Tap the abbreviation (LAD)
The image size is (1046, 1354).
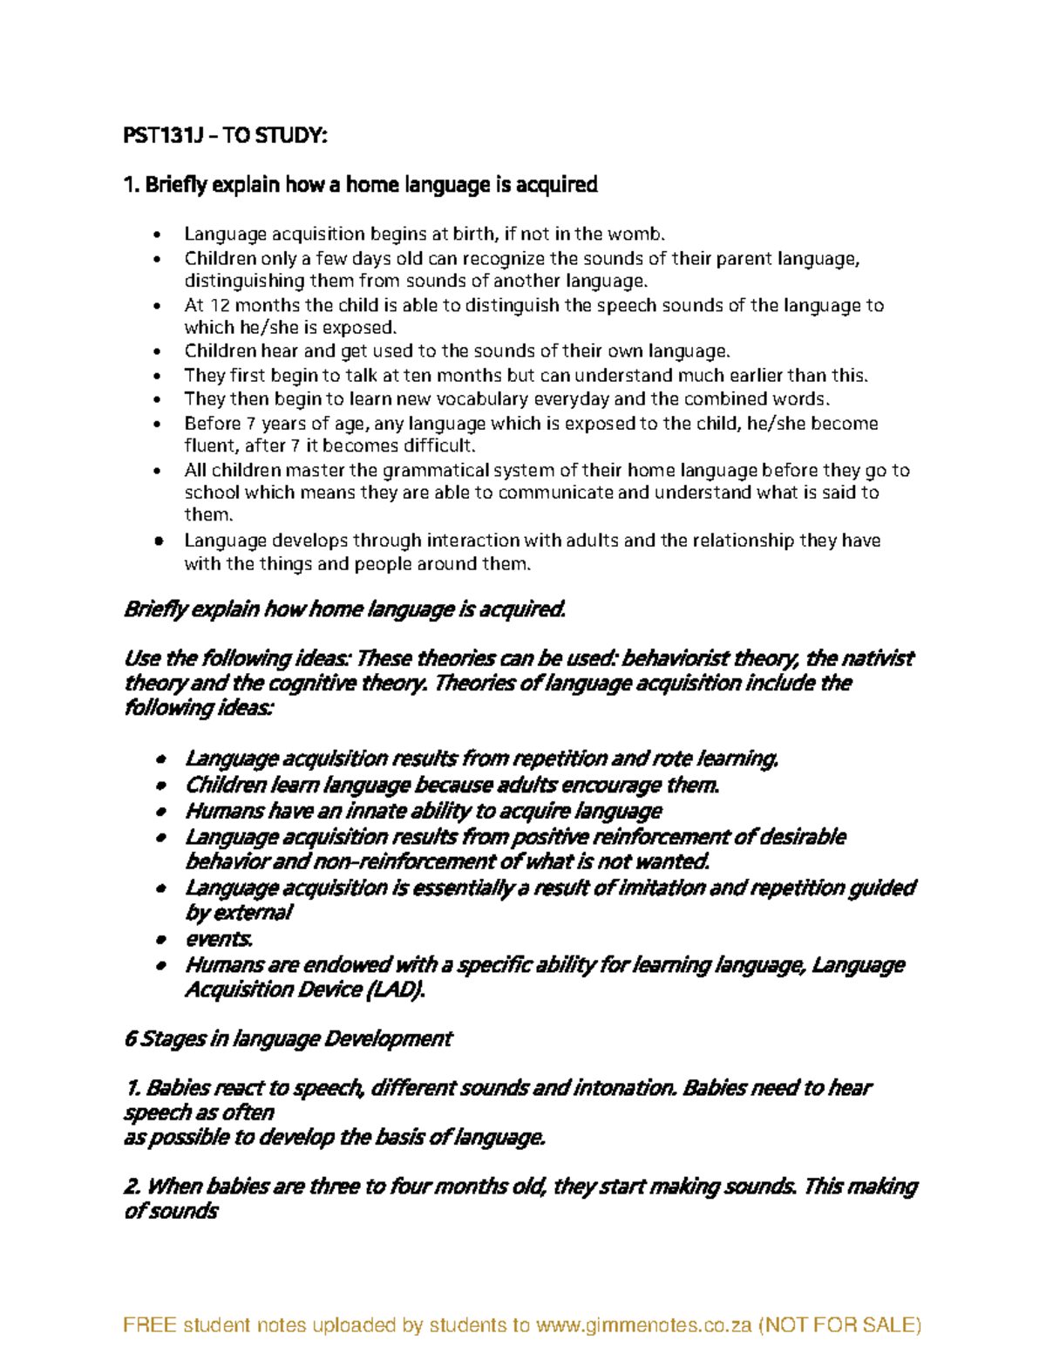[x=396, y=990]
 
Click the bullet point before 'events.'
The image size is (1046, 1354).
[x=160, y=941]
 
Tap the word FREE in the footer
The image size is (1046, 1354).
[x=148, y=1325]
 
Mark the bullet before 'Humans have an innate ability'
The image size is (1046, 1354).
[x=160, y=813]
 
